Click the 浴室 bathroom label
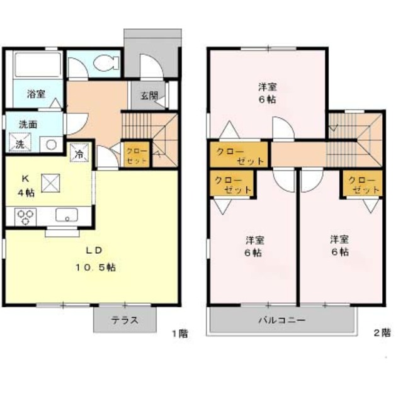coord(37,94)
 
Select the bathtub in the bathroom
coord(38,64)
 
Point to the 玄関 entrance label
coord(149,96)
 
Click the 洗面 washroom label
coord(28,125)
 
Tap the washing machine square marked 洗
coord(20,142)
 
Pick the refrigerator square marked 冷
coord(79,152)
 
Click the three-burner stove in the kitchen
coord(25,217)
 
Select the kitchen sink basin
coord(67,215)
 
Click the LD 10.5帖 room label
coord(95,259)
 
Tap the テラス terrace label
coord(125,321)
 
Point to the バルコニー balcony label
coord(282,321)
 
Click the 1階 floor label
coord(180,334)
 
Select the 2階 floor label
coord(382,333)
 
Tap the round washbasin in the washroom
coord(51,145)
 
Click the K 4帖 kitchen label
coord(26,185)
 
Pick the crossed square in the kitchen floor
coord(50,183)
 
